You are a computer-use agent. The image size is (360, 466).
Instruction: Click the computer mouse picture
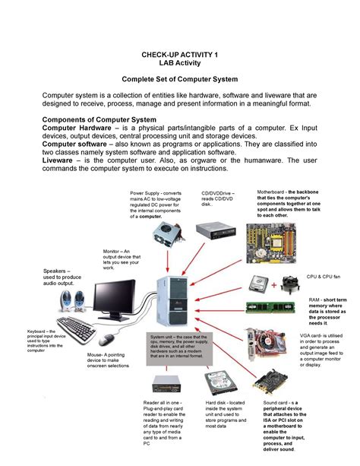109,338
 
